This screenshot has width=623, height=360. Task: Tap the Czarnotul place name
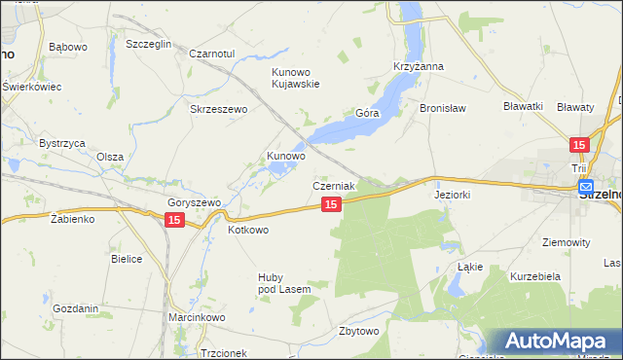212,54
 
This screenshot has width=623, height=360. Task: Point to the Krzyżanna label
419,66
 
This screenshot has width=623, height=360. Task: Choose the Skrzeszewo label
219,109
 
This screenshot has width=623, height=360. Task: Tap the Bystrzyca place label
57,142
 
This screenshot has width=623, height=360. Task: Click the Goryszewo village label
195,202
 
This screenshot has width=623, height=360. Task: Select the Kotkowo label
247,230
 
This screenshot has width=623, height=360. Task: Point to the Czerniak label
333,185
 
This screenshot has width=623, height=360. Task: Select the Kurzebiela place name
535,276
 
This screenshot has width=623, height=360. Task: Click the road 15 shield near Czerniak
331,204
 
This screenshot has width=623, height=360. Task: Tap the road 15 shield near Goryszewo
172,221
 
